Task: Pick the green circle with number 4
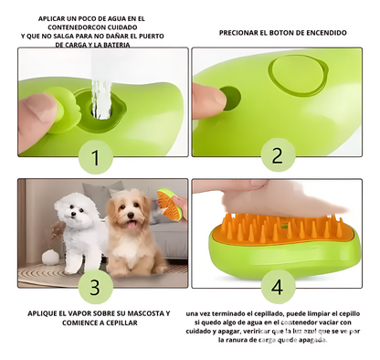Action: [276, 286]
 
